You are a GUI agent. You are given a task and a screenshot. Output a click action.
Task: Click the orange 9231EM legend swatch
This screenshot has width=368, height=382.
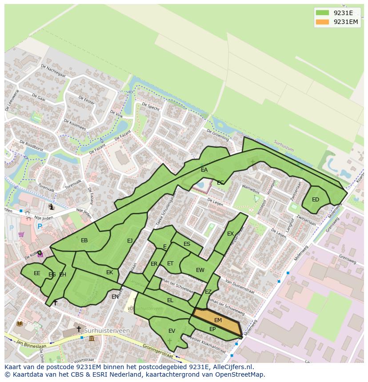pos(323,22)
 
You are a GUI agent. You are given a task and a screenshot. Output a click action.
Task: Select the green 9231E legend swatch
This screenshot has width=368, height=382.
pos(323,12)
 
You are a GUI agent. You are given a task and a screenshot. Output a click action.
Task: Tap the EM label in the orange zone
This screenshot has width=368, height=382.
pos(218,320)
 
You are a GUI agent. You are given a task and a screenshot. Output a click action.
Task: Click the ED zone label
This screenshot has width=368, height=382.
pos(316,200)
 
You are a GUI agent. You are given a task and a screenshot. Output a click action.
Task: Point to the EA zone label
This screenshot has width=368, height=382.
pos(204,170)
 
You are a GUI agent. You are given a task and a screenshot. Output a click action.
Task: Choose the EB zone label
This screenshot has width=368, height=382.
pos(84,240)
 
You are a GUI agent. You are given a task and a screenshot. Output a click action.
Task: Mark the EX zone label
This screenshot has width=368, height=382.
pos(230,234)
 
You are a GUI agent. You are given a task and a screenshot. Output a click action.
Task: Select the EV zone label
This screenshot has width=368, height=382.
pos(172,331)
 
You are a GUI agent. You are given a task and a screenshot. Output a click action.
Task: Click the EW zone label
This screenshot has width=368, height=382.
pos(200,270)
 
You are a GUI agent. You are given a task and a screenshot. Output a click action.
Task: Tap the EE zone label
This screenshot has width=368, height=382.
pos(37,273)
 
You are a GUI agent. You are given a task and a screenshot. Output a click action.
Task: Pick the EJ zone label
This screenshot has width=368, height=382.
pos(130,241)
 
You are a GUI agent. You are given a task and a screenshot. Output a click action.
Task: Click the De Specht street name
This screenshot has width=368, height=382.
pos(151,107)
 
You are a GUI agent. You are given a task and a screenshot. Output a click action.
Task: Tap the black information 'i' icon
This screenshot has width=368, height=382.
pos(52,207)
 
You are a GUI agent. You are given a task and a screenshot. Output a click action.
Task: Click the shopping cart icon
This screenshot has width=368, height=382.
pos(21,234)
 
